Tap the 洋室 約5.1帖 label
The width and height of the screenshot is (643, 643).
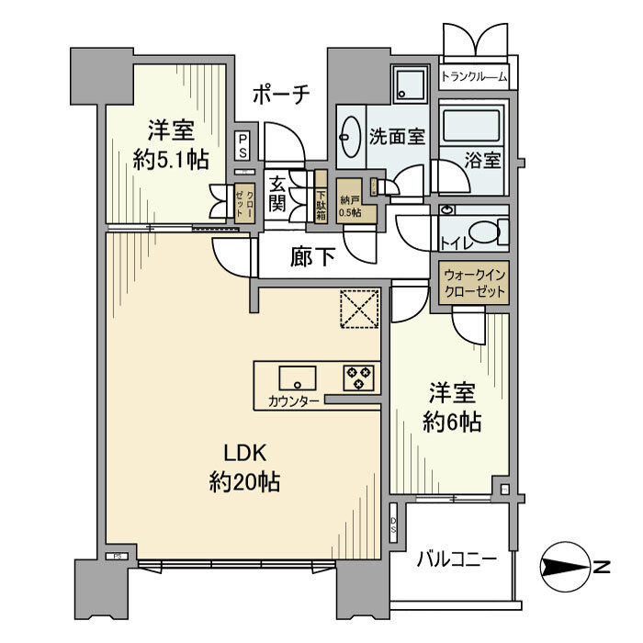click(169, 145)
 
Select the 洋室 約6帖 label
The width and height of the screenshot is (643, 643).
click(452, 408)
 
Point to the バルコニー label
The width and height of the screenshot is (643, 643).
click(456, 558)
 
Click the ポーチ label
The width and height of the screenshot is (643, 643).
click(282, 93)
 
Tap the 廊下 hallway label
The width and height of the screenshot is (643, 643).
click(312, 257)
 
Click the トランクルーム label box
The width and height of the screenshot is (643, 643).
click(474, 77)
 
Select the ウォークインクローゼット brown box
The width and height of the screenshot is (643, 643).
click(474, 282)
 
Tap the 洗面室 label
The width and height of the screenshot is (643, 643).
click(397, 137)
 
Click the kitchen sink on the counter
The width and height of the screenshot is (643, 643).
click(297, 377)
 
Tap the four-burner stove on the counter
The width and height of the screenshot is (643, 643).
click(357, 376)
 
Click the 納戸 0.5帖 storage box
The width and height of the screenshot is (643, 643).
click(350, 206)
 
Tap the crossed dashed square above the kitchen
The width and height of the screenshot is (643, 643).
click(359, 309)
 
